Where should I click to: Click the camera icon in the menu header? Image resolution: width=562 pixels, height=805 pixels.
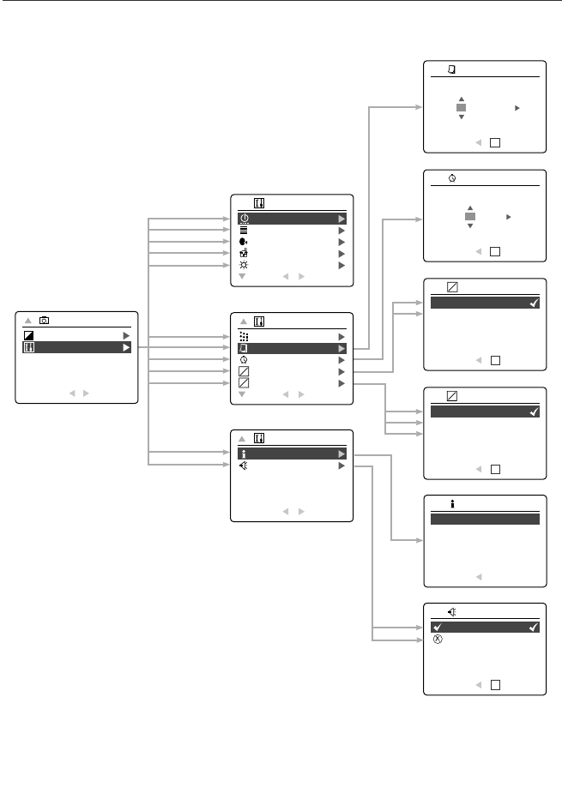tap(45, 320)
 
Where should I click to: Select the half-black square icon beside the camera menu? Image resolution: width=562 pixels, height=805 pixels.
tap(29, 335)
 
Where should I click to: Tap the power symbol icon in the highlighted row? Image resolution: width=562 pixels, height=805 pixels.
tap(245, 219)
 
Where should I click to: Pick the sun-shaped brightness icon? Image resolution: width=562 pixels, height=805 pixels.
tap(245, 266)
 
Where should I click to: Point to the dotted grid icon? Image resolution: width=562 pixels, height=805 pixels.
tap(245, 337)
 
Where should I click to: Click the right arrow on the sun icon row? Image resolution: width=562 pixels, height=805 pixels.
tap(341, 266)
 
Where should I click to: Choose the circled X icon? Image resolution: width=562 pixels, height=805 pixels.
tap(437, 640)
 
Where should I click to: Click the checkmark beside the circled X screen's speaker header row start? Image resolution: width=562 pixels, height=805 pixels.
tap(437, 628)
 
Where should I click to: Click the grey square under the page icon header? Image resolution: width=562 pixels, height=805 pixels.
tap(461, 107)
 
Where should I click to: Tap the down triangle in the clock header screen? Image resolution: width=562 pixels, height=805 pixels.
tap(470, 226)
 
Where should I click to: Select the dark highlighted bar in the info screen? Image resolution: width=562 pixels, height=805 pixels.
tap(485, 519)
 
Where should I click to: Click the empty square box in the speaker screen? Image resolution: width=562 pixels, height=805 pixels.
tap(495, 685)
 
